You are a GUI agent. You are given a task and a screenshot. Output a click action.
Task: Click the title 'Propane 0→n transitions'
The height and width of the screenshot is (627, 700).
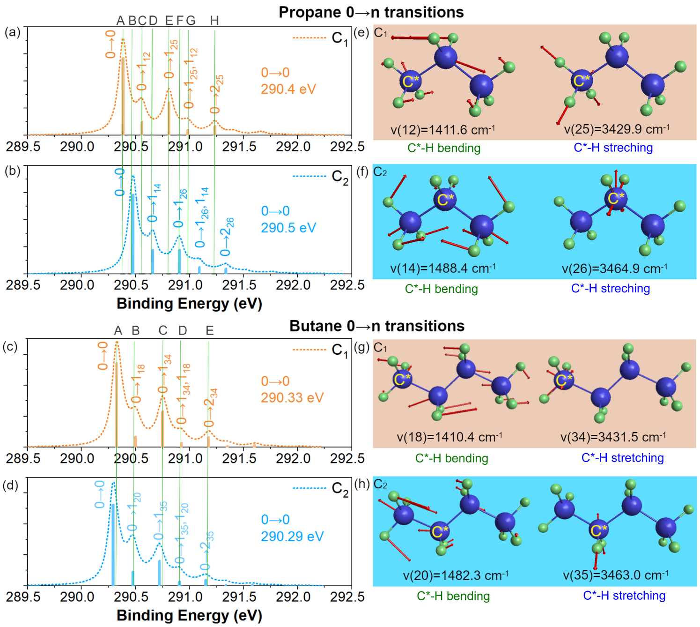point(371,12)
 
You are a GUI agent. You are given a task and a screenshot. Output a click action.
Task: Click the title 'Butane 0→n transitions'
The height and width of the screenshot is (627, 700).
point(376,326)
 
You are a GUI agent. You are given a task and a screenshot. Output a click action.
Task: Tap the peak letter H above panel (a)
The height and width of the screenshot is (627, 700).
point(214,20)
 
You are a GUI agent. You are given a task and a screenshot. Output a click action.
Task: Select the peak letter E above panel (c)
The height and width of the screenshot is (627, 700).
point(210,331)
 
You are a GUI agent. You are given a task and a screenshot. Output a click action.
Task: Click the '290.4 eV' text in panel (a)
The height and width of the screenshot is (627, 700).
point(288,89)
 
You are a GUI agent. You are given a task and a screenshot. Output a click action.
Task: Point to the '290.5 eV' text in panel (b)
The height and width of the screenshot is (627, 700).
point(288,228)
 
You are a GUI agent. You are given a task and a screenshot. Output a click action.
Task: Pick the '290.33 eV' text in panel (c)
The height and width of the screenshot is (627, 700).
point(292,398)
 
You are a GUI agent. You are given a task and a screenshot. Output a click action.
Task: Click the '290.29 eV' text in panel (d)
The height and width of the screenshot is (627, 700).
point(292,536)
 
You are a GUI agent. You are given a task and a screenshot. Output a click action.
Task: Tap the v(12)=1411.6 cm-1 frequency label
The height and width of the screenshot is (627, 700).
point(442,129)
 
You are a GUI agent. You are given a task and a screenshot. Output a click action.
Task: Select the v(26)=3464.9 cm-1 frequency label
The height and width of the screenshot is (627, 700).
point(614,269)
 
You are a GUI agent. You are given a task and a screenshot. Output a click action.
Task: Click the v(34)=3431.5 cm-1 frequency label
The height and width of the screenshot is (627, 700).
point(613,437)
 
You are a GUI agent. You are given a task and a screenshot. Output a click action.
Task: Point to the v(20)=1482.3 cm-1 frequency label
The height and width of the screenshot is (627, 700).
point(456,575)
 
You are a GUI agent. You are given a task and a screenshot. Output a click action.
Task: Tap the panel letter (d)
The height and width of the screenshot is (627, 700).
point(10,485)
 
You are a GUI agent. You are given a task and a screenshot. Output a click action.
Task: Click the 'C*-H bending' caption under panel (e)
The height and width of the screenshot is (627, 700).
point(444,148)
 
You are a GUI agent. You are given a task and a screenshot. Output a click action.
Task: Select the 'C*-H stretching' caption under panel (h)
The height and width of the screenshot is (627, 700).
point(624,596)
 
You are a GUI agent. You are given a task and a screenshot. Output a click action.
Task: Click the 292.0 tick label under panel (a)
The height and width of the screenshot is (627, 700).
point(293,147)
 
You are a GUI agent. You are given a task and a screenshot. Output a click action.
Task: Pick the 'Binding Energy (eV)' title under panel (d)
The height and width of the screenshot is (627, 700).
point(189,615)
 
